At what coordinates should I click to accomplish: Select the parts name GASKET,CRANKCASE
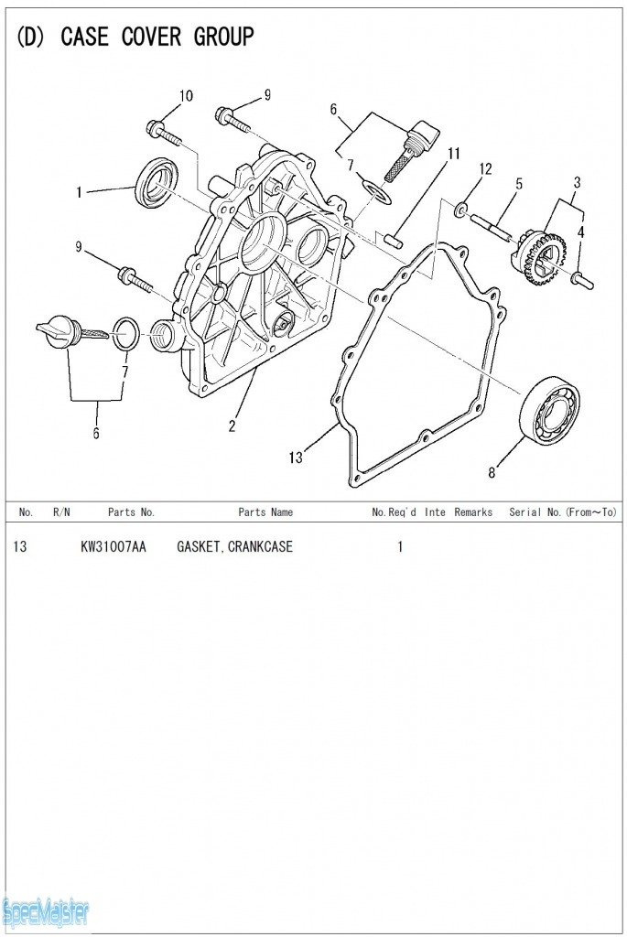[x=234, y=547]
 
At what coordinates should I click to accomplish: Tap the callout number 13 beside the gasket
[x=296, y=458]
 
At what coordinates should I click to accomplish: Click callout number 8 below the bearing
[x=492, y=472]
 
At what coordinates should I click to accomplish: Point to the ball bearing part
[x=549, y=410]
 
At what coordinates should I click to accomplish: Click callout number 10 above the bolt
[x=186, y=96]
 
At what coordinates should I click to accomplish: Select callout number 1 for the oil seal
[x=80, y=192]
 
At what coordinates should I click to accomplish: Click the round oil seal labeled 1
[x=157, y=182]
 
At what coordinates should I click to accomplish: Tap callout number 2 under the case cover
[x=232, y=425]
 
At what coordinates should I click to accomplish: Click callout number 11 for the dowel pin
[x=454, y=153]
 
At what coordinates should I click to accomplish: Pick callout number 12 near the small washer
[x=485, y=168]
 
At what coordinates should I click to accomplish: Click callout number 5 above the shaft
[x=519, y=184]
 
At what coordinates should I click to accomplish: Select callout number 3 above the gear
[x=577, y=182]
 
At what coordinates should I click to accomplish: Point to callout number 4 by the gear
[x=580, y=233]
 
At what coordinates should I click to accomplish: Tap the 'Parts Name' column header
[x=265, y=512]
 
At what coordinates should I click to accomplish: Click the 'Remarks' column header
[x=473, y=512]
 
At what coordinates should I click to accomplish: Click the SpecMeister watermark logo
[x=46, y=910]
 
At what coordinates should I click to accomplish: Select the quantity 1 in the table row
[x=400, y=547]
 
